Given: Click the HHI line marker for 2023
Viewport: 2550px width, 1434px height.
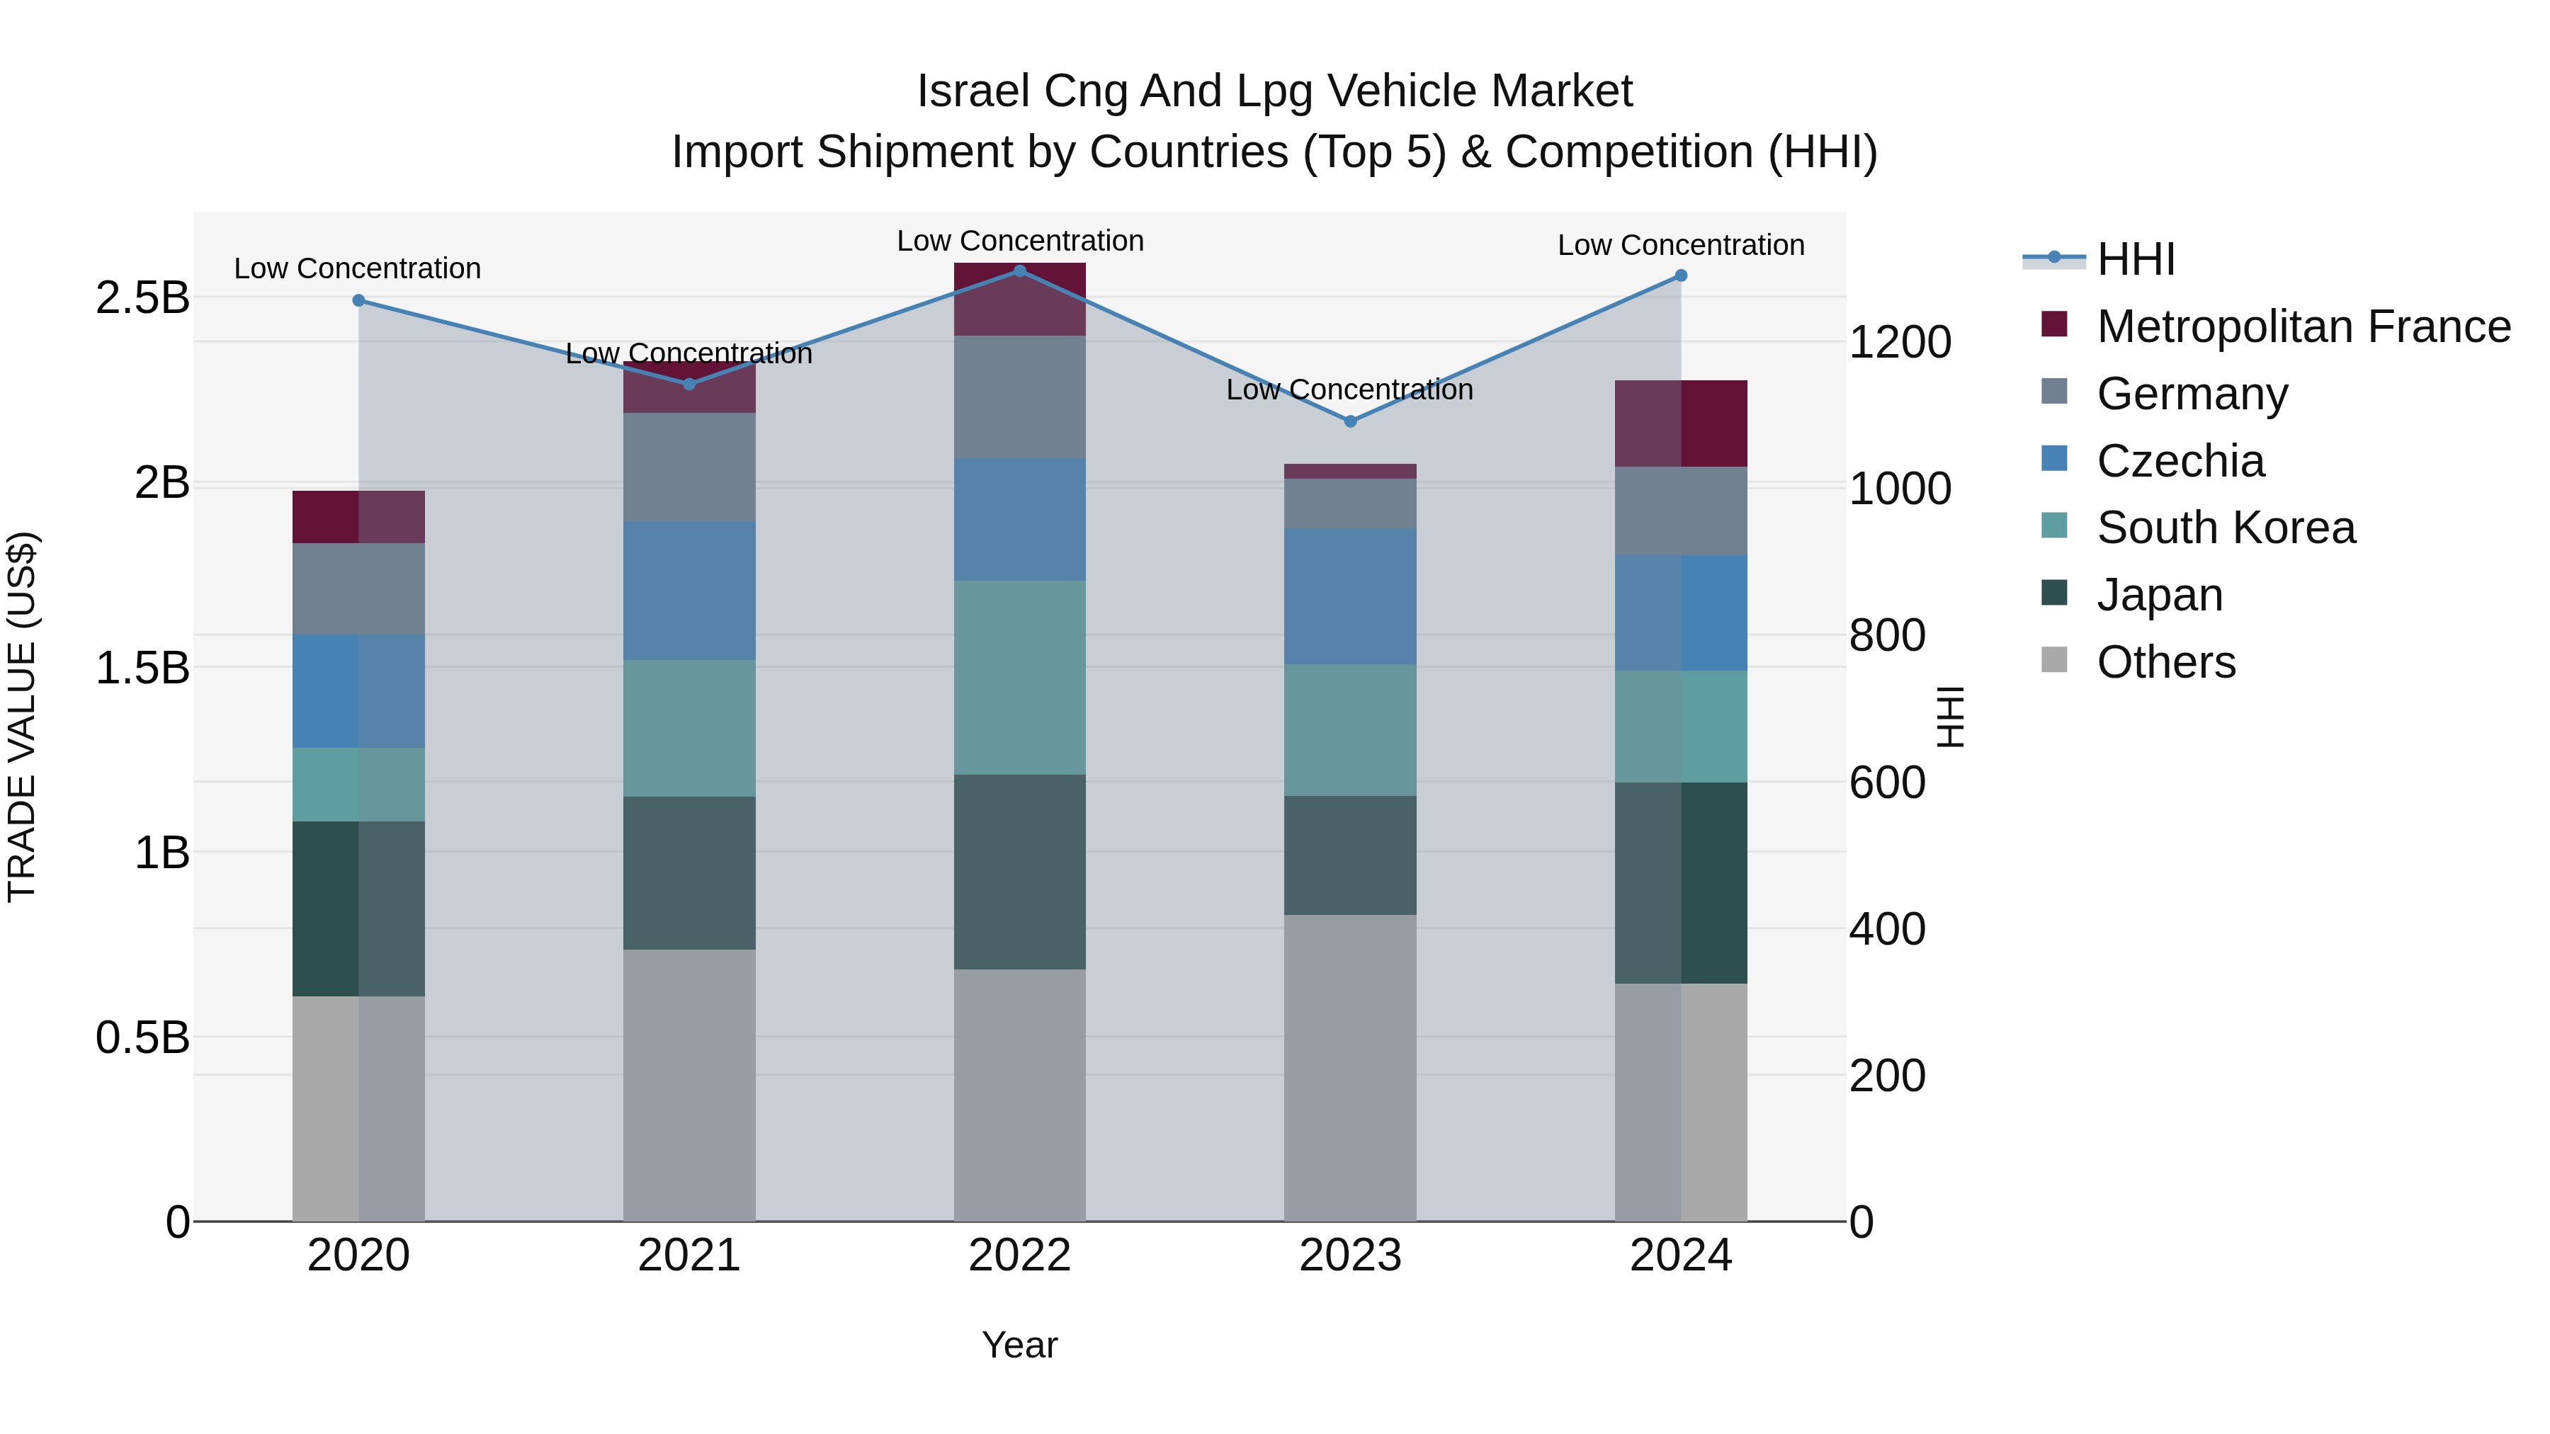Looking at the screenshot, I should click(x=1350, y=421).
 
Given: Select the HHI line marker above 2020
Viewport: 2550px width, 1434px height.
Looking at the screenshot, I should click(x=358, y=300).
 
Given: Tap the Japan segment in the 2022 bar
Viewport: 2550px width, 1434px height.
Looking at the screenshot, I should click(x=1019, y=871).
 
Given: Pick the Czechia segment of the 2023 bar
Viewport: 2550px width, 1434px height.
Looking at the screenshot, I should click(x=1350, y=596).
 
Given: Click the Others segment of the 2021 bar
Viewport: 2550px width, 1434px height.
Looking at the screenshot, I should click(x=689, y=1085).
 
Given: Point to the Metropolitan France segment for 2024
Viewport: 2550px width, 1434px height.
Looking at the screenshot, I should click(x=1681, y=423).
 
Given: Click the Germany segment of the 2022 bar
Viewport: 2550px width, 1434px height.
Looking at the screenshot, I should click(x=1019, y=396).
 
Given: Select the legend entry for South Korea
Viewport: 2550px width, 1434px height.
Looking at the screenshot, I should click(x=2226, y=528).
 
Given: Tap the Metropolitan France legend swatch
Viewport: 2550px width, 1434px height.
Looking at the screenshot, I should click(x=2054, y=324).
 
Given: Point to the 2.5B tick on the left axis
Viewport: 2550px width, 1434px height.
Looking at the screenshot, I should click(x=142, y=297).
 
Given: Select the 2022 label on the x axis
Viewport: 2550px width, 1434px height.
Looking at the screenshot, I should click(x=1019, y=1255).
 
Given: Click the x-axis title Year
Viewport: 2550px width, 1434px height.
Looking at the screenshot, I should click(x=1019, y=1345).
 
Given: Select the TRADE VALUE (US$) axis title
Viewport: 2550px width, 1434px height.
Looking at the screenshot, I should click(x=22, y=717).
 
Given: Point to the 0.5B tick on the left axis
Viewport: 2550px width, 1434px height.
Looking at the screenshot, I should click(x=142, y=1037).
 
